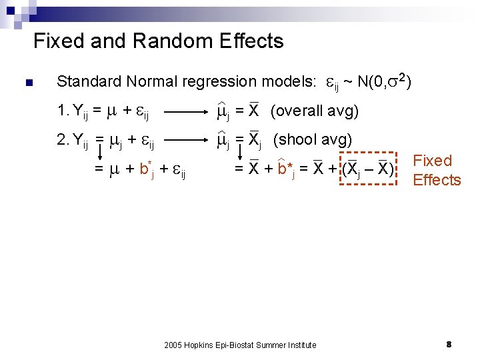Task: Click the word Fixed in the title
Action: tap(58, 41)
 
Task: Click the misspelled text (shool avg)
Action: tap(313, 140)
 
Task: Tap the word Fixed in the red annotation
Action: tap(433, 161)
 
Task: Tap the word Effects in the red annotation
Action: tap(437, 180)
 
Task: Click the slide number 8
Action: tap(449, 344)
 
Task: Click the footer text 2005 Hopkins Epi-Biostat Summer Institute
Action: tap(240, 345)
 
